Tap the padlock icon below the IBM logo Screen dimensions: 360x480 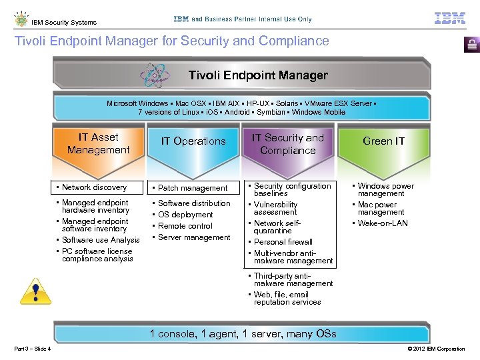[x=471, y=45]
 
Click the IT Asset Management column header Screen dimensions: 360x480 [x=99, y=143]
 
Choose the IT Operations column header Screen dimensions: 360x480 [x=193, y=141]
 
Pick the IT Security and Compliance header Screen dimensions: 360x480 [x=287, y=144]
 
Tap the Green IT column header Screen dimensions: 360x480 [x=383, y=141]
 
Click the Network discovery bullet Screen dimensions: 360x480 [x=94, y=187]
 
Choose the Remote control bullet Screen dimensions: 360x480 [x=185, y=226]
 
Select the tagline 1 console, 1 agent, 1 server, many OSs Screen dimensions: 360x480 [x=243, y=334]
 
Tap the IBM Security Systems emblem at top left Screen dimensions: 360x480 [x=21, y=19]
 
